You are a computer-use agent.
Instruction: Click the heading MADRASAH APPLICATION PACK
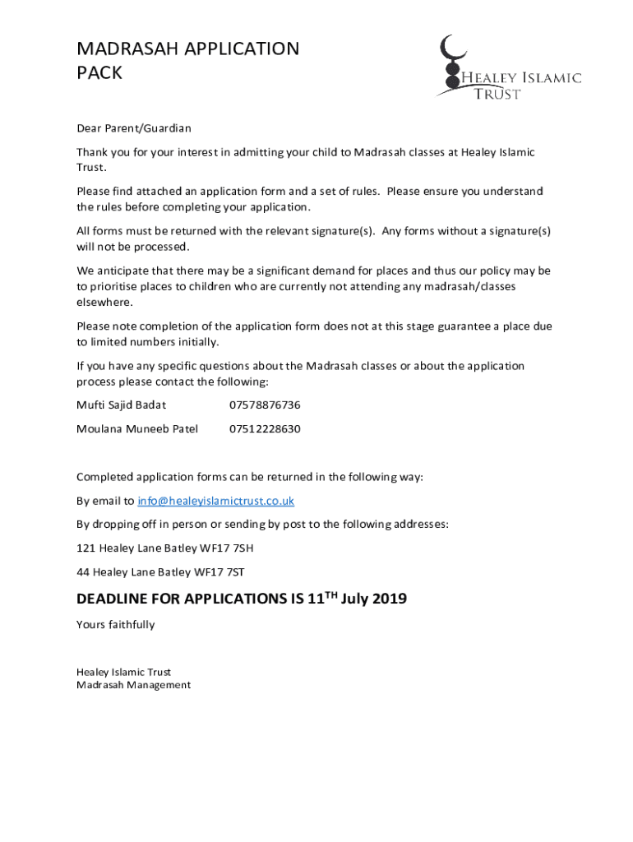pos(187,61)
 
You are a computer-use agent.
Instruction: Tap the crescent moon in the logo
pos(449,49)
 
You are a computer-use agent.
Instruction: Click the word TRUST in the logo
pos(497,95)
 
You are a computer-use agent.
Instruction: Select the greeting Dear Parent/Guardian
pos(133,128)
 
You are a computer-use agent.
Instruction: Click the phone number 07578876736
pos(264,405)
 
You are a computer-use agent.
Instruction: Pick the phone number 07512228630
pos(264,429)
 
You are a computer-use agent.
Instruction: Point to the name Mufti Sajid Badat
pos(121,405)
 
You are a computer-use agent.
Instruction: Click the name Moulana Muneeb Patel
pos(136,429)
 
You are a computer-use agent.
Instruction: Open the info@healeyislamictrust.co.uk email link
pos(215,501)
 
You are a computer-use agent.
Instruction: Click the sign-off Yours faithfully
pos(115,625)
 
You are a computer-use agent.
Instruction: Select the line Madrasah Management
pos(133,685)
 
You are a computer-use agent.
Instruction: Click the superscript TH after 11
pos(330,594)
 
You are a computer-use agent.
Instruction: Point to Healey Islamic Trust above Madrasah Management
pos(123,673)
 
